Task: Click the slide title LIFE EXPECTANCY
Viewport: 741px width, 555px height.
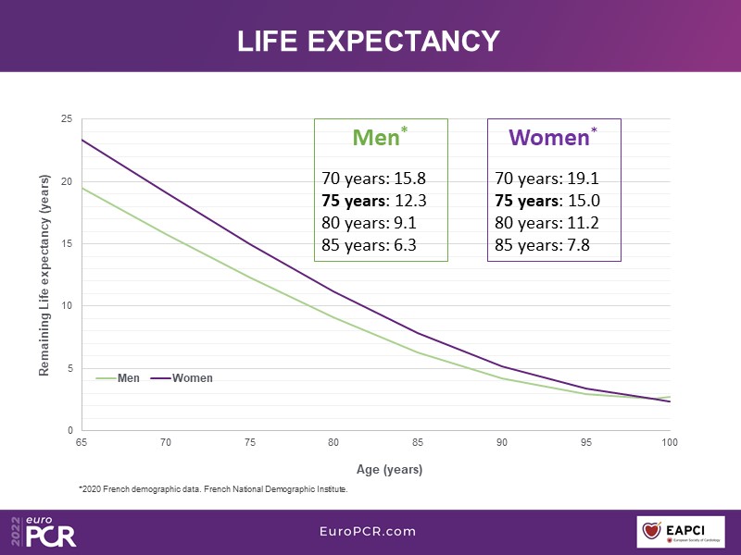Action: (x=369, y=42)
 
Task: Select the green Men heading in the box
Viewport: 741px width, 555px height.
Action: (x=376, y=138)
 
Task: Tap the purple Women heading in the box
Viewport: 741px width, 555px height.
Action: (x=549, y=138)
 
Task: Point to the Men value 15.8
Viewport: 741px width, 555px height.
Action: (x=408, y=179)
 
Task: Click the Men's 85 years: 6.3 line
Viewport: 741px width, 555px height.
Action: (x=369, y=245)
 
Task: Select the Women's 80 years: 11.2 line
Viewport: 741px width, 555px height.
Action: (x=546, y=223)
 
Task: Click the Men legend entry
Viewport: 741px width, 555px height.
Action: (x=119, y=378)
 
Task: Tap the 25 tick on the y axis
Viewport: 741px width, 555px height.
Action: (x=67, y=119)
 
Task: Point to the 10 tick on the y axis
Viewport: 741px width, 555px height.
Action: (x=67, y=306)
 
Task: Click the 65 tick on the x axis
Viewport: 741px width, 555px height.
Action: (x=82, y=444)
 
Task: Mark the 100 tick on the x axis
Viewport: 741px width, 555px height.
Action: (x=669, y=444)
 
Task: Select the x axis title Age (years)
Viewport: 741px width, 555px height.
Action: (x=389, y=469)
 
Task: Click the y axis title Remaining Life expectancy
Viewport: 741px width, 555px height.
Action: (x=44, y=275)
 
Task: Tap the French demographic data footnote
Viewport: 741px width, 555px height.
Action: (x=213, y=490)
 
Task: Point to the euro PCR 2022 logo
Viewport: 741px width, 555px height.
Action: (x=43, y=531)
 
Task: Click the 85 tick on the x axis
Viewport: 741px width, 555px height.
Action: (x=418, y=444)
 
